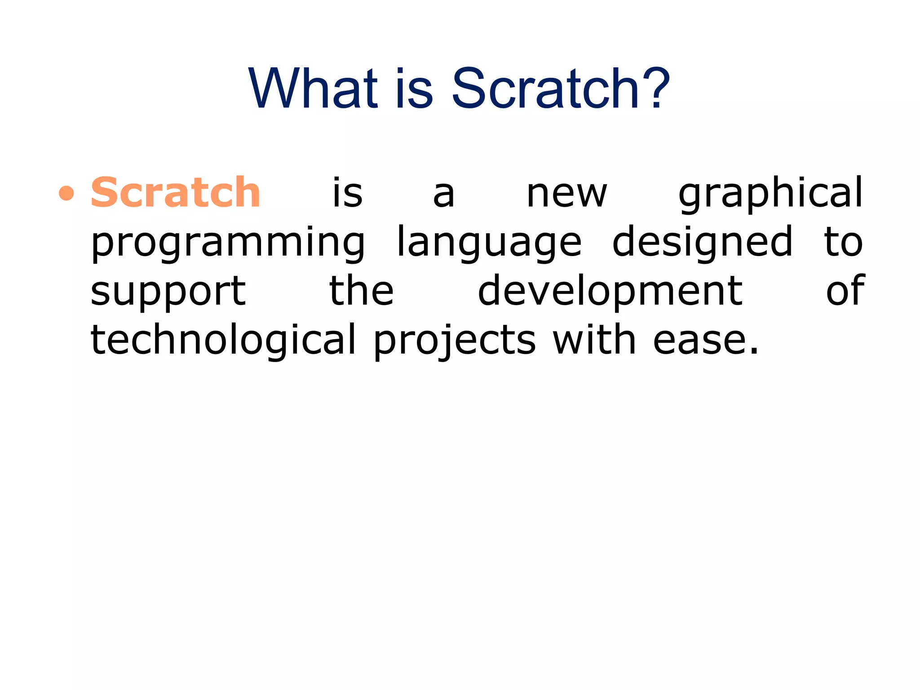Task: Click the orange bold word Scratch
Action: coord(176,193)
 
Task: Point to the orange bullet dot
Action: coord(66,194)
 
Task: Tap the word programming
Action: coord(228,243)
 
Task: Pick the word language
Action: coord(489,243)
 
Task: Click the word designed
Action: coord(703,243)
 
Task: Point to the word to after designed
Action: coord(843,243)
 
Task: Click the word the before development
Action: coord(362,291)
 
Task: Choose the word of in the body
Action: coord(845,291)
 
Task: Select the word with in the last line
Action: coord(594,340)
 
